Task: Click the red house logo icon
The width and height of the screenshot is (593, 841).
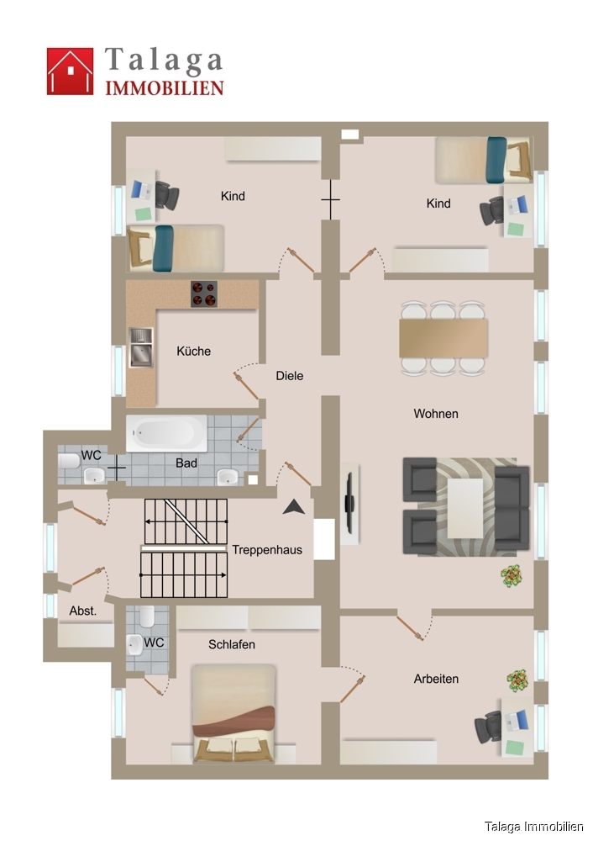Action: (x=70, y=71)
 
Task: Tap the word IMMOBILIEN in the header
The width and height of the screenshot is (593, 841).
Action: (x=164, y=87)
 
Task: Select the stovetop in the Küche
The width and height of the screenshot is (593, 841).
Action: (x=205, y=294)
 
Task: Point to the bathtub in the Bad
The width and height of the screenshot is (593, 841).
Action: (x=165, y=432)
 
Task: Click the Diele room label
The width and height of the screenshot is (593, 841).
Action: (x=290, y=376)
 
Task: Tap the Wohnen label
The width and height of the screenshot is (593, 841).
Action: (x=436, y=414)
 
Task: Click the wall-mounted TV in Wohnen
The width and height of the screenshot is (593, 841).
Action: (x=350, y=502)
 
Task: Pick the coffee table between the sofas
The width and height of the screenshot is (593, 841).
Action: (x=465, y=507)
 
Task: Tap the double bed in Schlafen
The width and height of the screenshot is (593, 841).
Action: (x=234, y=714)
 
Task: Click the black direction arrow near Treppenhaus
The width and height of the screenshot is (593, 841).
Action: (x=294, y=506)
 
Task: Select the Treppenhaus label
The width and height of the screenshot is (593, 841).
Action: (x=267, y=550)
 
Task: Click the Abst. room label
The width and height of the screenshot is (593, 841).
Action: (x=83, y=611)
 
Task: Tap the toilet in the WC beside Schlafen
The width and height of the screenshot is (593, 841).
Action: (x=146, y=619)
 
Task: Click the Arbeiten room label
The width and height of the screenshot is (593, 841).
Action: (x=436, y=678)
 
